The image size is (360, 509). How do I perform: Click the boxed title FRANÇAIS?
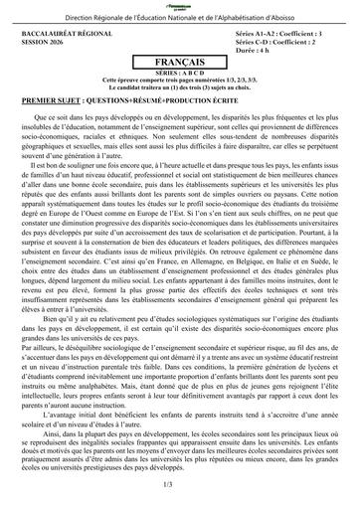click(x=180, y=61)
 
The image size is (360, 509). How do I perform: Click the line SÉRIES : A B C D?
click(x=180, y=73)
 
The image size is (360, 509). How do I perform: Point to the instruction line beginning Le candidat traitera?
click(x=180, y=86)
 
